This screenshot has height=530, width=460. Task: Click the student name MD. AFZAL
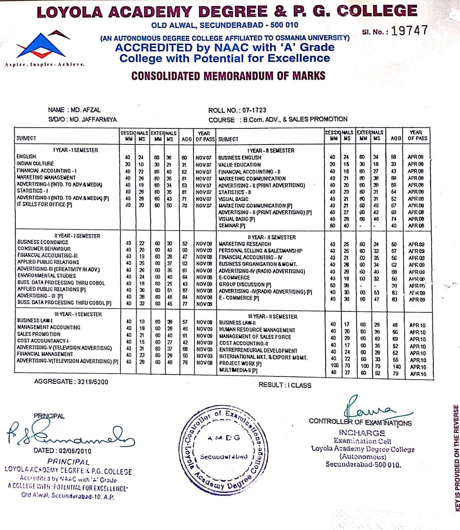pyautogui.click(x=86, y=110)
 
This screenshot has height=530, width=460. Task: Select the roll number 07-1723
pyautogui.click(x=254, y=110)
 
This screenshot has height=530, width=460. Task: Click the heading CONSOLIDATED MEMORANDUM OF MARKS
pyautogui.click(x=228, y=76)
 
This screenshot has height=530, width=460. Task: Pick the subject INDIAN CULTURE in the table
pyautogui.click(x=35, y=164)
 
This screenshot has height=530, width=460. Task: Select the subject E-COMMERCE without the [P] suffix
pyautogui.click(x=234, y=278)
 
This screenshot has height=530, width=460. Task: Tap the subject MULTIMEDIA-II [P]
pyautogui.click(x=238, y=371)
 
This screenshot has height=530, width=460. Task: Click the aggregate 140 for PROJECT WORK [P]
pyautogui.click(x=396, y=366)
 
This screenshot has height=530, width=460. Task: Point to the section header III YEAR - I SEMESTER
pyautogui.click(x=78, y=314)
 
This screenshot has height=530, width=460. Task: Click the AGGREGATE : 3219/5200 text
pyautogui.click(x=71, y=382)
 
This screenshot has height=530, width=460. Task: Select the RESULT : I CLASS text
pyautogui.click(x=285, y=385)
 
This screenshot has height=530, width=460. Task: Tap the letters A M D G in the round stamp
pyautogui.click(x=224, y=438)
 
